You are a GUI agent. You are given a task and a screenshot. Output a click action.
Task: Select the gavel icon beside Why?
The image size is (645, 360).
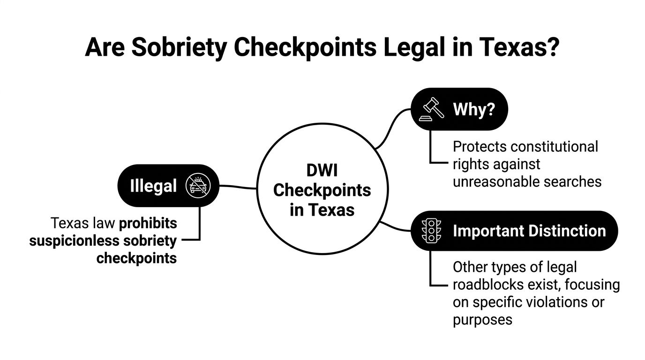[431, 109]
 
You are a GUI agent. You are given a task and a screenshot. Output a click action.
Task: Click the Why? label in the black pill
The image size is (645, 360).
[474, 110]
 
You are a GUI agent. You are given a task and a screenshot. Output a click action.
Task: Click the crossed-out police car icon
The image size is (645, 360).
[198, 186]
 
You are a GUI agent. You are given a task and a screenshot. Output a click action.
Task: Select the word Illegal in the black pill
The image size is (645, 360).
[153, 186]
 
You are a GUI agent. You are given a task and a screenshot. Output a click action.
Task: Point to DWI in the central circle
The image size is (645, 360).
[322, 171]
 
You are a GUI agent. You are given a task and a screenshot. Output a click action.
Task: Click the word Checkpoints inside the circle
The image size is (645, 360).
[322, 190]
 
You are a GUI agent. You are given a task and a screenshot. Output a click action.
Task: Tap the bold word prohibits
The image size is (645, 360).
[148, 223]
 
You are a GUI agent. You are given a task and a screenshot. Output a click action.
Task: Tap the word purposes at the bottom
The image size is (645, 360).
[482, 320]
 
